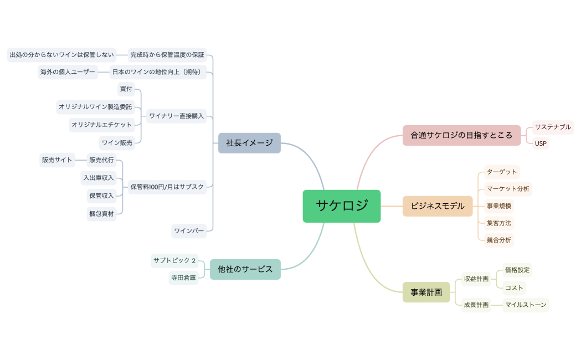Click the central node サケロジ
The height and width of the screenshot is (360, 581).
(x=341, y=206)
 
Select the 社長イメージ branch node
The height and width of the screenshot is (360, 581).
(x=249, y=143)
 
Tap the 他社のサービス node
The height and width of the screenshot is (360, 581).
(x=245, y=269)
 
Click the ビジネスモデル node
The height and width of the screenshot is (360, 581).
(x=437, y=206)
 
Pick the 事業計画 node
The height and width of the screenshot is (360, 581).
(x=426, y=292)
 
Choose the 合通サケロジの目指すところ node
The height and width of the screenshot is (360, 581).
(x=461, y=135)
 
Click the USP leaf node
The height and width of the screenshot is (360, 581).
(x=541, y=143)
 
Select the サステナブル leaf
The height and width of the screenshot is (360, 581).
(x=552, y=127)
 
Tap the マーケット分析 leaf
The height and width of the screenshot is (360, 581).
(x=508, y=189)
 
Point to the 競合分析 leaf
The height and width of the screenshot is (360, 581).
(x=498, y=240)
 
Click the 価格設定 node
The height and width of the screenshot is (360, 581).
(x=517, y=270)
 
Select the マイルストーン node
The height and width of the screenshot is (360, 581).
(x=526, y=305)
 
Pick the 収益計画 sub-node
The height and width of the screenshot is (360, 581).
(x=476, y=279)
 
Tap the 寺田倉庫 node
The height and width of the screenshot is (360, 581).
(x=183, y=278)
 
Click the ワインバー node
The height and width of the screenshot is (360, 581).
(x=189, y=230)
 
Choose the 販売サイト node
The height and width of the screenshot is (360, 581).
(x=57, y=160)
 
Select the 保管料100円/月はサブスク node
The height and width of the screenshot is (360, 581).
(x=167, y=187)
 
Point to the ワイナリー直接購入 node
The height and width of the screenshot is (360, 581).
(x=177, y=116)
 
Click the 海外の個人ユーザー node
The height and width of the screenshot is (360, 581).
(x=68, y=72)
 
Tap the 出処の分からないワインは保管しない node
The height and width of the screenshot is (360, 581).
(x=61, y=54)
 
